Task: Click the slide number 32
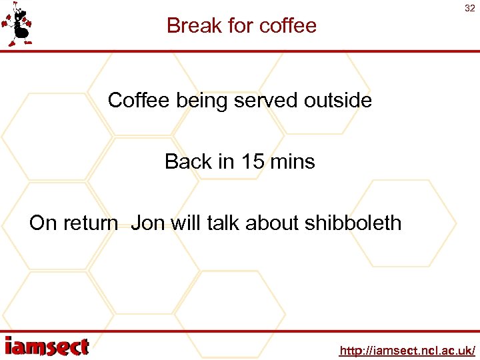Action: pyautogui.click(x=469, y=9)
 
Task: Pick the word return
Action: pyautogui.click(x=90, y=223)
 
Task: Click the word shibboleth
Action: pyautogui.click(x=353, y=223)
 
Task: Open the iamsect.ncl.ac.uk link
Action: pyautogui.click(x=407, y=350)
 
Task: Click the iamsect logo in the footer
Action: pyautogui.click(x=47, y=347)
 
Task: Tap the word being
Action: pyautogui.click(x=200, y=101)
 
